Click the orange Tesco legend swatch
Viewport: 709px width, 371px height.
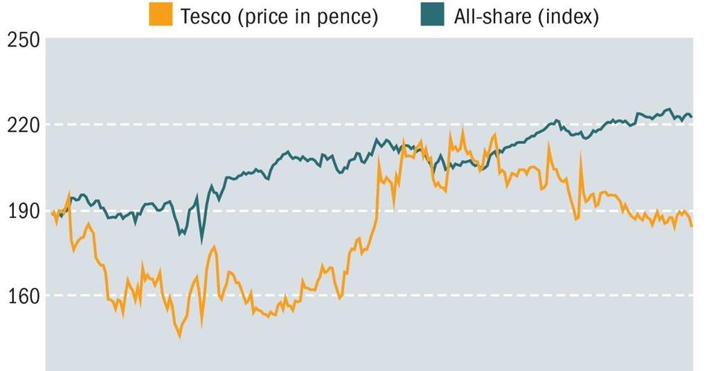click(x=161, y=15)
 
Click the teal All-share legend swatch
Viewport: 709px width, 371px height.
click(x=432, y=15)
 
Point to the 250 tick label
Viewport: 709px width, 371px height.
click(x=24, y=40)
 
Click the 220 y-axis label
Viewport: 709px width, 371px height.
click(x=24, y=125)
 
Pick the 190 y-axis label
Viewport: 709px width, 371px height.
click(x=24, y=211)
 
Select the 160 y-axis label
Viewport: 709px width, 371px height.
click(x=24, y=296)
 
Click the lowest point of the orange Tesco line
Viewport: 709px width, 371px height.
click(x=180, y=336)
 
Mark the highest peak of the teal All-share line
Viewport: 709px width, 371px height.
click(x=668, y=109)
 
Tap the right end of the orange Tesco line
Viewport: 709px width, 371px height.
click(x=691, y=226)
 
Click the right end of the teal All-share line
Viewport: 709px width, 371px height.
click(x=691, y=116)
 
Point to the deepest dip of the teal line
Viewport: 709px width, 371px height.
click(x=201, y=242)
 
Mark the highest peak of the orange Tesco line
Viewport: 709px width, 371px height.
click(x=463, y=129)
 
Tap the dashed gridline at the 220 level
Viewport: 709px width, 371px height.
click(x=277, y=125)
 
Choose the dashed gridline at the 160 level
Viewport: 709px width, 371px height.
click(x=485, y=296)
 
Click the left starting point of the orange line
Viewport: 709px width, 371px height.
click(x=52, y=212)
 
